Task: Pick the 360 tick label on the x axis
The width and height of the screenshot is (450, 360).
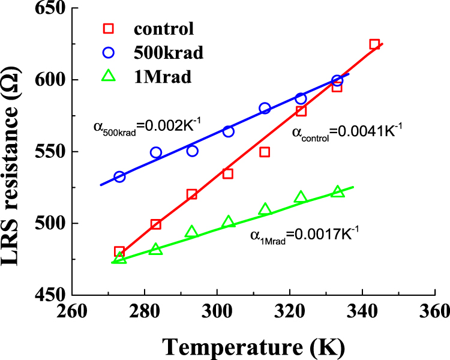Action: pos(434,312)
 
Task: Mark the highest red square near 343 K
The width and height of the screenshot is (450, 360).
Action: pos(374,44)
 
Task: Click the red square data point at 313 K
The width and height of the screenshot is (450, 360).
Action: pos(265,152)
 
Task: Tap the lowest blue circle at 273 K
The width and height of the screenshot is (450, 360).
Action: pos(119,176)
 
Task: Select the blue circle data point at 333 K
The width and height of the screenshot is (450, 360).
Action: pos(337,81)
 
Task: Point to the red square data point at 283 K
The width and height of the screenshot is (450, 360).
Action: pos(156,224)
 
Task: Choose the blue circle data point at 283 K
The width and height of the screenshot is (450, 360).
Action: pos(156,152)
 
